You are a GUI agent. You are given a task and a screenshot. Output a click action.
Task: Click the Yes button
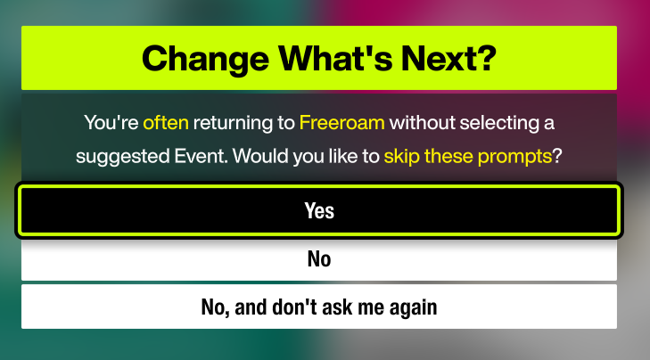point(319,210)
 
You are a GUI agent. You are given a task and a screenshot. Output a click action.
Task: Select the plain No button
point(319,259)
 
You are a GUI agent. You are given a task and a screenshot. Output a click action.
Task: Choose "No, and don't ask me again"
point(319,307)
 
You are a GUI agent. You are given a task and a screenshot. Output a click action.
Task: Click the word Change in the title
point(206,59)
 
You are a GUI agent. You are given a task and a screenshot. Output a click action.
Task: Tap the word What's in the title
point(335,59)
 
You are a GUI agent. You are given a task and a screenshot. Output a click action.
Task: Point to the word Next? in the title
point(448,59)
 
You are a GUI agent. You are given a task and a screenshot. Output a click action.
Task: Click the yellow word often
point(166,123)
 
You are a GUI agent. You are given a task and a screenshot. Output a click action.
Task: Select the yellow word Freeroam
point(342,123)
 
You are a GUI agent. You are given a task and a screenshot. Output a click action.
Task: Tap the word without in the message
point(423,123)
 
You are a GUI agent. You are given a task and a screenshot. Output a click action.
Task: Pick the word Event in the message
point(201,157)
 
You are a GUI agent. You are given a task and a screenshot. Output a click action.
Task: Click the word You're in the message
point(111,123)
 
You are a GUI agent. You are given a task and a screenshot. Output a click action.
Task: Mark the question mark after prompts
point(557,157)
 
